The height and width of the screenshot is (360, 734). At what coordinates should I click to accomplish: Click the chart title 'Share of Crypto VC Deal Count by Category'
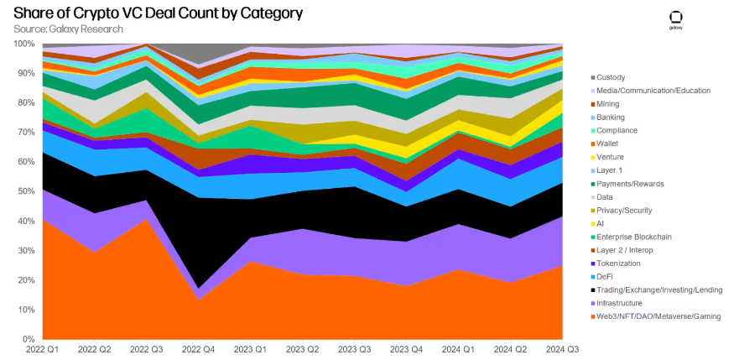pyautogui.click(x=159, y=13)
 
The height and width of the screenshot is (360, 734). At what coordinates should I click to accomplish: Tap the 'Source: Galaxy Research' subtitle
pyautogui.click(x=68, y=29)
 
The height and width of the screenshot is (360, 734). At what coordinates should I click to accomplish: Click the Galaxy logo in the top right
pyautogui.click(x=675, y=21)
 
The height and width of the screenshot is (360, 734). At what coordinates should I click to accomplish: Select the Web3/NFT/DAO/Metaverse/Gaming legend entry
pyautogui.click(x=659, y=316)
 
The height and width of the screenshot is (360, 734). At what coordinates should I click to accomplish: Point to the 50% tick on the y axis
pyautogui.click(x=23, y=192)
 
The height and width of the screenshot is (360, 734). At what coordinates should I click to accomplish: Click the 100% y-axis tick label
pyautogui.click(x=22, y=44)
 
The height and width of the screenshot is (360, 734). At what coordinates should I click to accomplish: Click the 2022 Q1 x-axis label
pyautogui.click(x=42, y=349)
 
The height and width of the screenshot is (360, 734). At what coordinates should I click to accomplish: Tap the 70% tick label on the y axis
pyautogui.click(x=23, y=133)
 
